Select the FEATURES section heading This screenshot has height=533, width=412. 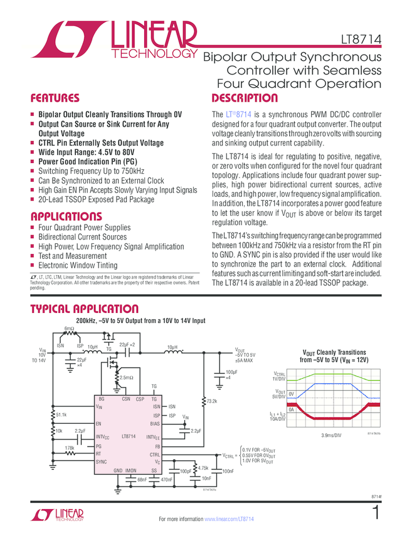[x=55, y=98]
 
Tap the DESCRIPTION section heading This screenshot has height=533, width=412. [x=244, y=98]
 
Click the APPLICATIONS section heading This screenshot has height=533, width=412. [x=65, y=216]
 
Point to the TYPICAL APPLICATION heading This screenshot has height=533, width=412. [x=84, y=309]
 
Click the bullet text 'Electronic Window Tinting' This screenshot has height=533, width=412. [x=78, y=265]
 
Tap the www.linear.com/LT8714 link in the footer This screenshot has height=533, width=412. [x=230, y=519]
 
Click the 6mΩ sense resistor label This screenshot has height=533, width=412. [x=69, y=329]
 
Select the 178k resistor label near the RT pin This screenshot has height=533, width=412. [x=70, y=448]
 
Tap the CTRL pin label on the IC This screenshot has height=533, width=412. [x=154, y=454]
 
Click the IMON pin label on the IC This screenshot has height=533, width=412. [x=130, y=470]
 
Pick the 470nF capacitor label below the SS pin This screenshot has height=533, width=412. [x=166, y=480]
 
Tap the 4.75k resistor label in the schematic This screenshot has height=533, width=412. [x=203, y=468]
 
